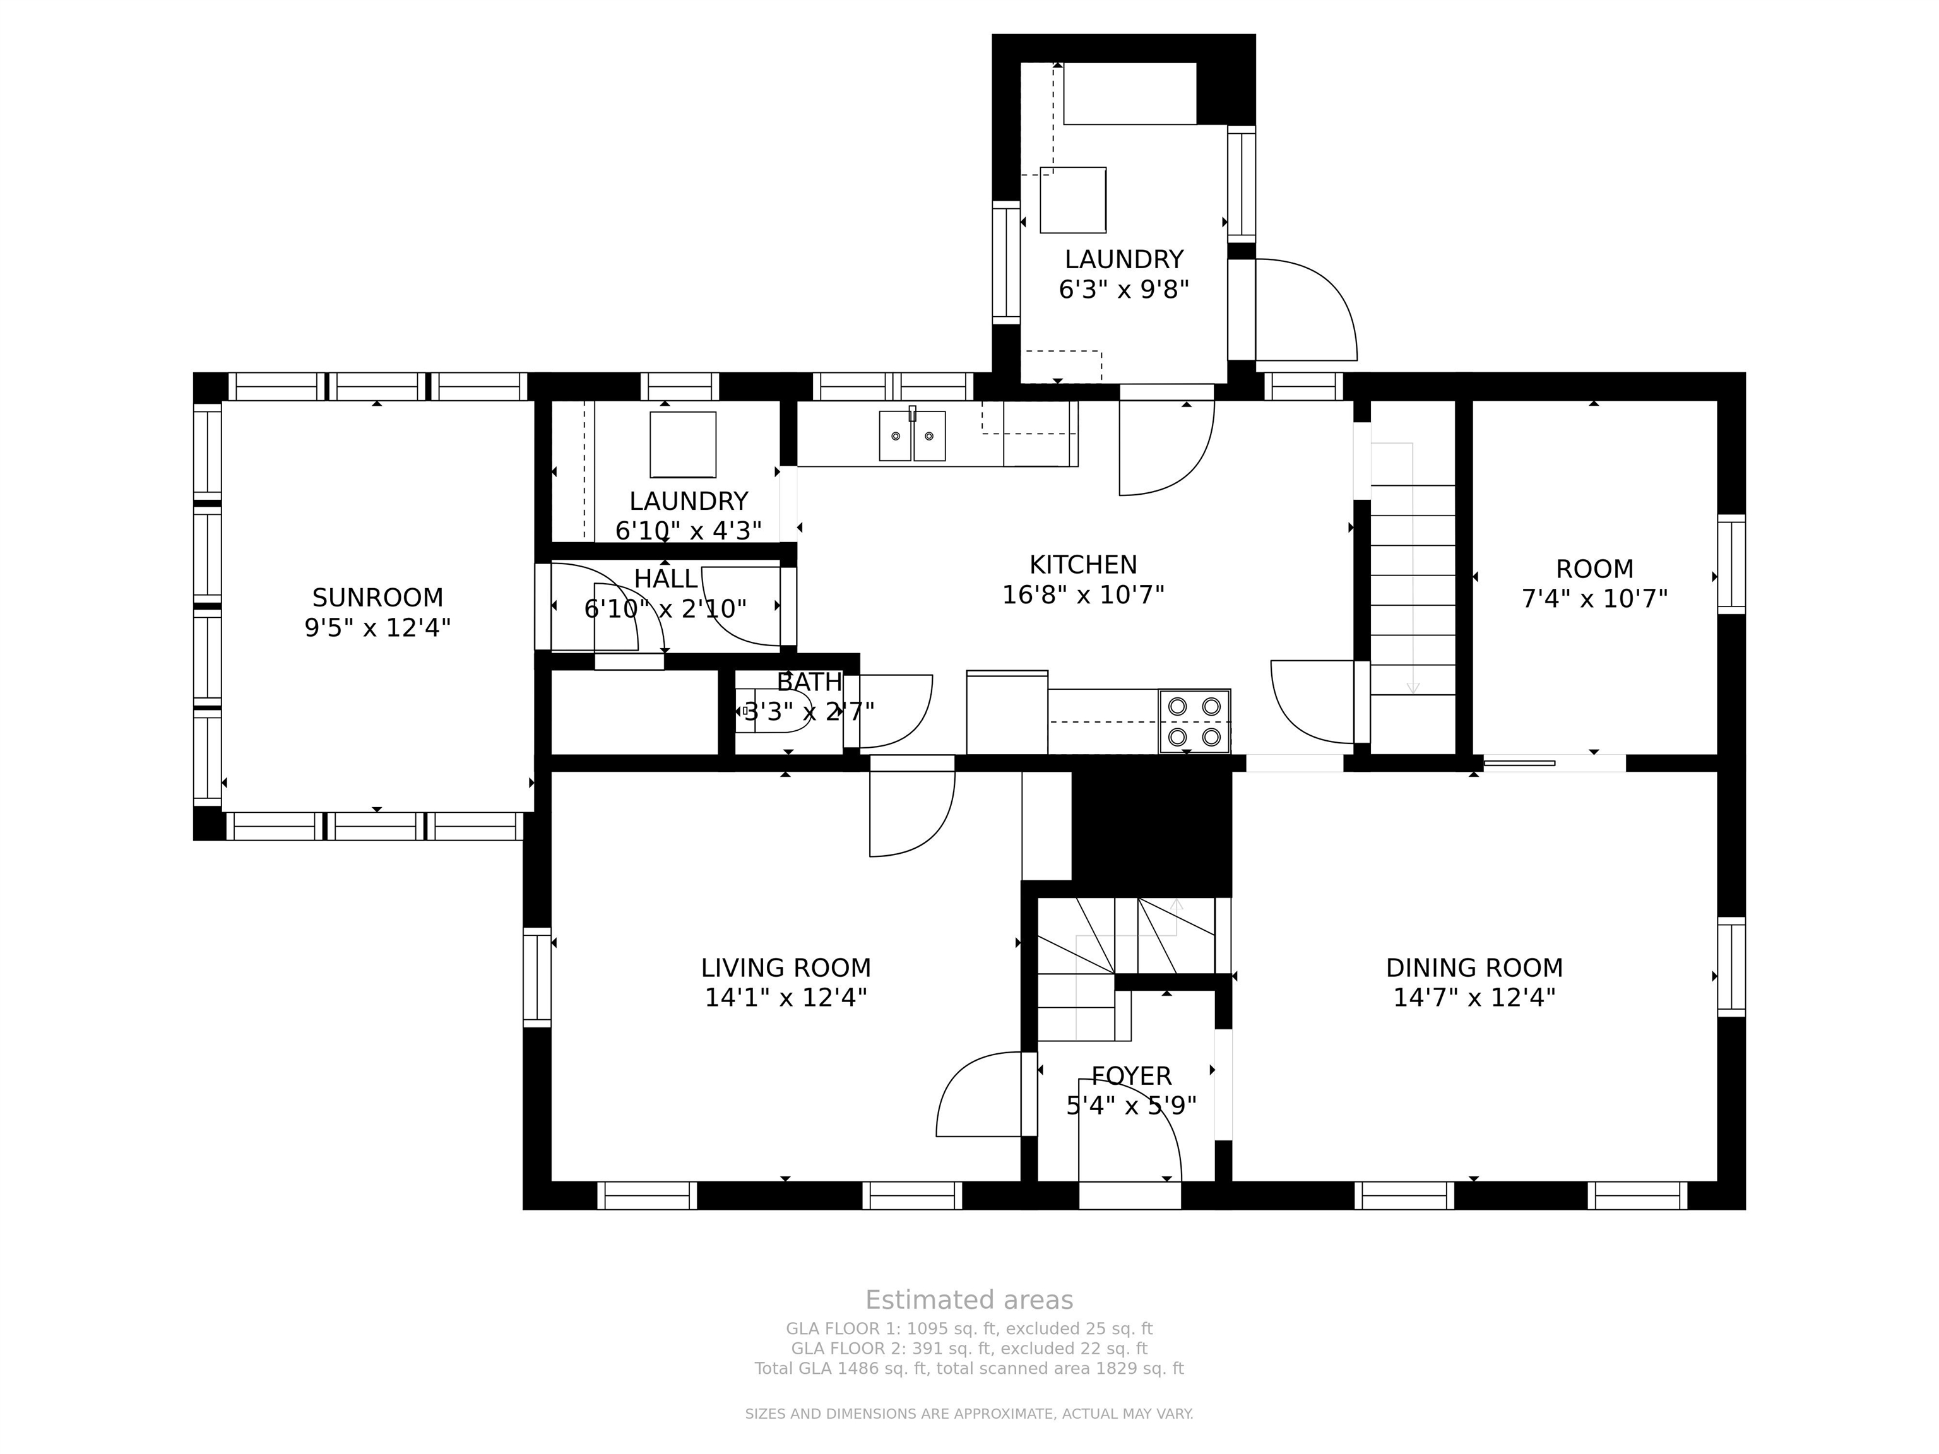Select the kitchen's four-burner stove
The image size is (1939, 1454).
[x=1194, y=721]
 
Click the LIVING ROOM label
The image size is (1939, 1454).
[x=785, y=967]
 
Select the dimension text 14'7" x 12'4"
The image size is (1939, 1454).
[x=1474, y=997]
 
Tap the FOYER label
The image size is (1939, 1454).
[x=1131, y=1075]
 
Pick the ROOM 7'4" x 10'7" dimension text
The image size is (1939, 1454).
[x=1594, y=599]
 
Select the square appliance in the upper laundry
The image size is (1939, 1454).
[x=1073, y=200]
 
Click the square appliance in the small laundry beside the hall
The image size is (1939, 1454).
[x=683, y=444]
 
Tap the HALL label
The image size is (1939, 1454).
[x=665, y=579]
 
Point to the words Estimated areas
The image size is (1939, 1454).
[x=969, y=1300]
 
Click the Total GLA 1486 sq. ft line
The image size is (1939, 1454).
[x=969, y=1368]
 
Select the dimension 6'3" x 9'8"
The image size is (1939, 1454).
[x=1124, y=289]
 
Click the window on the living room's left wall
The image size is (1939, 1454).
[x=537, y=976]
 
